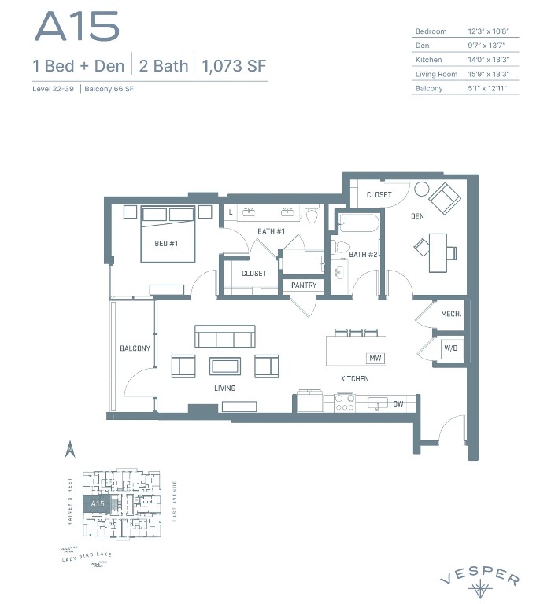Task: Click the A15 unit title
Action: tap(76, 28)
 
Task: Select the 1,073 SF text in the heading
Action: tap(235, 66)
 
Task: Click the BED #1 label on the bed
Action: tap(165, 244)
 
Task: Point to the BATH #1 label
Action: tap(271, 231)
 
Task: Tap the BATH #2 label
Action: tap(363, 254)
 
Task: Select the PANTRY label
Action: tap(303, 285)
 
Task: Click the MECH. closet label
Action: tap(451, 314)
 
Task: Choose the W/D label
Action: tap(451, 347)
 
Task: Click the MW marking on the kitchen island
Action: tap(375, 359)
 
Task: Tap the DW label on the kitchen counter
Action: tap(398, 404)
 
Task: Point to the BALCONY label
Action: tap(135, 348)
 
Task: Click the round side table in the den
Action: tap(421, 190)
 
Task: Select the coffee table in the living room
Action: tap(225, 366)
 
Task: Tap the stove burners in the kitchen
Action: tap(345, 403)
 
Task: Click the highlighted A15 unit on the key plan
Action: tap(98, 503)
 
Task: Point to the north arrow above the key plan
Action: tap(68, 449)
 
